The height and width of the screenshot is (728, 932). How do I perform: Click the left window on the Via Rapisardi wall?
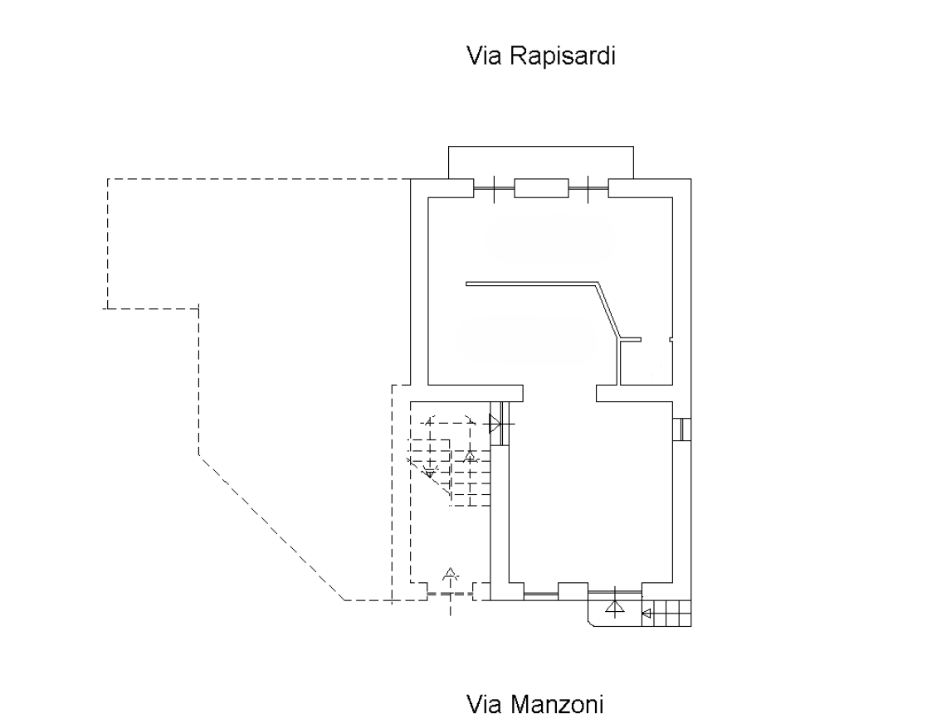tap(494, 189)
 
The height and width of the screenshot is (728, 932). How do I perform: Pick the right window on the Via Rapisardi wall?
tap(588, 189)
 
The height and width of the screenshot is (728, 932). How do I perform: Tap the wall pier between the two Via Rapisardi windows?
tap(541, 188)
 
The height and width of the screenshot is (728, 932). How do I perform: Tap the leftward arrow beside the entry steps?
tap(647, 614)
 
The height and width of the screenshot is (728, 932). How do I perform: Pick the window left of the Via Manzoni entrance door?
tap(541, 592)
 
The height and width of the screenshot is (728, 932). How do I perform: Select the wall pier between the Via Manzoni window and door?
tap(573, 590)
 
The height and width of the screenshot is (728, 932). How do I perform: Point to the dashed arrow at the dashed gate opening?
tap(450, 575)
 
